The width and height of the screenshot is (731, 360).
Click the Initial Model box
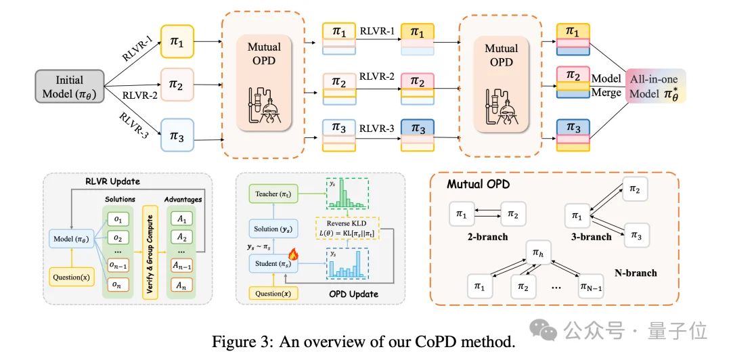tap(70, 86)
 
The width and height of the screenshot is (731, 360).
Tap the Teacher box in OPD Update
tap(273, 193)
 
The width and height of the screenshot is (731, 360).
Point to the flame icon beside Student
tap(294, 254)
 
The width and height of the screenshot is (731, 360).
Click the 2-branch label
tap(488, 237)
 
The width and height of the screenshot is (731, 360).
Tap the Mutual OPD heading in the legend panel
tap(479, 184)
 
